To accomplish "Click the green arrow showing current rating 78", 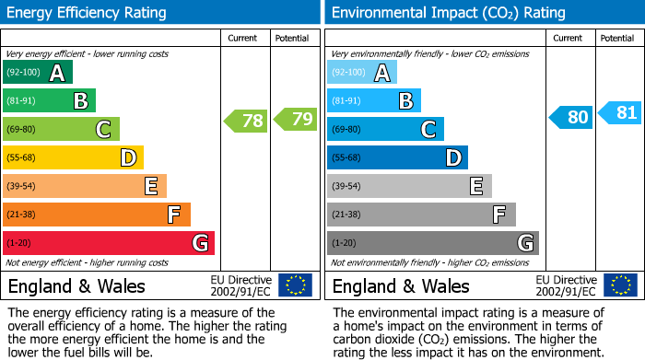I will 245,121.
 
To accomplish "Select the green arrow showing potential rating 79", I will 295,119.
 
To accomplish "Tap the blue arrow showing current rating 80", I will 570,117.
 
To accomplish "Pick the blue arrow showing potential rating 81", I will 619,113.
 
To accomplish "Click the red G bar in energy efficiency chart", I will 109,243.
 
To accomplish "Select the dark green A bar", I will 38,73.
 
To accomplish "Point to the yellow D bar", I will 73,157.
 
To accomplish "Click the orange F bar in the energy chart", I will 97,215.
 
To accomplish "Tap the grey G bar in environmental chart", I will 432,243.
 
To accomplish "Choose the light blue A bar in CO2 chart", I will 362,73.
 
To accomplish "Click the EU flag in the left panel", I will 295,285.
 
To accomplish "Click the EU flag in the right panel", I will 619,285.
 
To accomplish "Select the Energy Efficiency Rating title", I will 88,13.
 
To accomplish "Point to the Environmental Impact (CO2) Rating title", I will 448,13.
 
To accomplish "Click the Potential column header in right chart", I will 617,38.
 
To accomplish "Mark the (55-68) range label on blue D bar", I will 346,157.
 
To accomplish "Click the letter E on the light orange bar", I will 150,187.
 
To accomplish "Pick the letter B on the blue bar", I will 405,101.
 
